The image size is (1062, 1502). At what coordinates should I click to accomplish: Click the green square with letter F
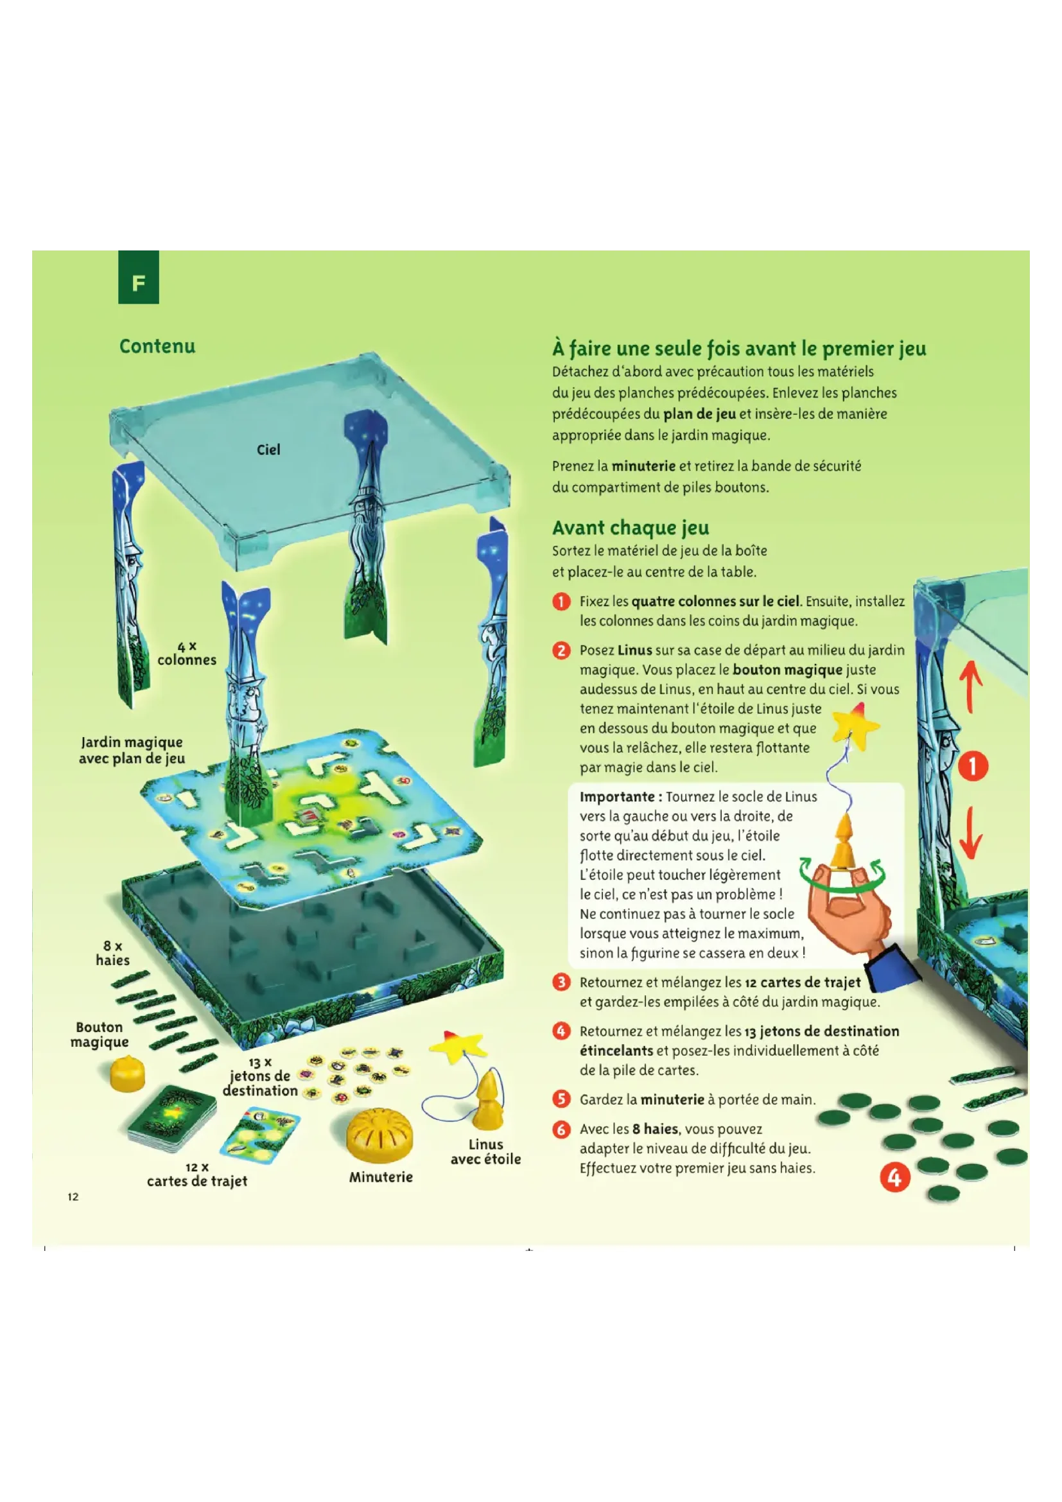[x=139, y=277]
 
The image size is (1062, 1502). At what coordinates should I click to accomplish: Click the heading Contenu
[x=157, y=346]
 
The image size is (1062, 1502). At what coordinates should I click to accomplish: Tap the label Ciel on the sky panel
[x=268, y=450]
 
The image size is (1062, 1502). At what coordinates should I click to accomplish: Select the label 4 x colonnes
[x=187, y=654]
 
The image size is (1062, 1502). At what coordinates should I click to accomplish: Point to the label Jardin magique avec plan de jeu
[x=132, y=749]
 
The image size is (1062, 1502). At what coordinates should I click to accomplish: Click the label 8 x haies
[x=112, y=953]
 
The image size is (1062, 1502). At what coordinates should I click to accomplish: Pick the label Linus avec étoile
[x=485, y=1152]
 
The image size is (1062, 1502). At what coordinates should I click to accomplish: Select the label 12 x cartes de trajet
[x=198, y=1175]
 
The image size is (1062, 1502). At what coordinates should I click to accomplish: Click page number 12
[x=73, y=1196]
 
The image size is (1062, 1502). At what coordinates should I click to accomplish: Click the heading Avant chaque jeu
[x=631, y=528]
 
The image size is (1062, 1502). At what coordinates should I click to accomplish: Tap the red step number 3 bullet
[x=561, y=982]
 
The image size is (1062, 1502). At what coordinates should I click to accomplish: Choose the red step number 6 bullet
[x=561, y=1129]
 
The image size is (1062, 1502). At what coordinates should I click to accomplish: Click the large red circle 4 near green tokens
[x=894, y=1178]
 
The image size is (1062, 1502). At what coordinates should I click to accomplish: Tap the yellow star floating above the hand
[x=855, y=726]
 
